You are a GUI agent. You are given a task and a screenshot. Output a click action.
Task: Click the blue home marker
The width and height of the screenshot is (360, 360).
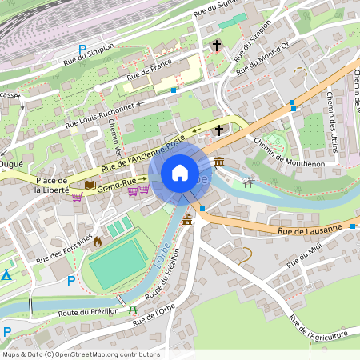pyautogui.click(x=180, y=172)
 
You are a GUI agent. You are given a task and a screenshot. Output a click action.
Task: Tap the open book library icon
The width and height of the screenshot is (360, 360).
pyautogui.click(x=90, y=186)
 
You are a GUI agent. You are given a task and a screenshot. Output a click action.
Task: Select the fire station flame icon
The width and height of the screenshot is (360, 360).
pyautogui.click(x=98, y=240)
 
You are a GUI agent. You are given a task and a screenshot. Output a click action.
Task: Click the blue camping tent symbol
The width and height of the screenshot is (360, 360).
pyautogui.click(x=6, y=275)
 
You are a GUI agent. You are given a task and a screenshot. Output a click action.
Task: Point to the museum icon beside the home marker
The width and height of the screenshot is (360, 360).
pyautogui.click(x=219, y=162)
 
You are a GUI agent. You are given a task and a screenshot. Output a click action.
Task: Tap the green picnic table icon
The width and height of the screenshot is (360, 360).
pyautogui.click(x=133, y=308)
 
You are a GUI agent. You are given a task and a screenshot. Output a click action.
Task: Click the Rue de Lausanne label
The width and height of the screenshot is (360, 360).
pyautogui.click(x=310, y=230)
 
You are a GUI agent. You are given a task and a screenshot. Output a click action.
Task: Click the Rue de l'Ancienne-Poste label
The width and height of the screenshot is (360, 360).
pyautogui.click(x=142, y=153)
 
